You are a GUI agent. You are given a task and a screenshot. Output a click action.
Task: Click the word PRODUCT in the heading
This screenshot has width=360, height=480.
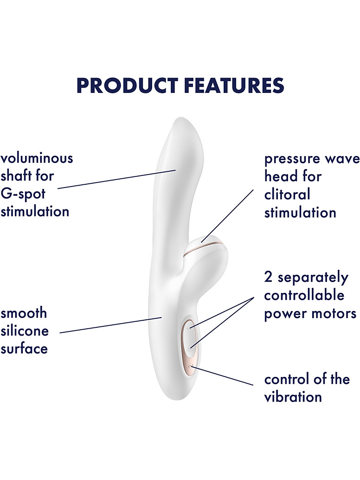click(x=127, y=85)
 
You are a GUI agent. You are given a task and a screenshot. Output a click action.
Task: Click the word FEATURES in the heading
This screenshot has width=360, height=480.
click(x=234, y=85)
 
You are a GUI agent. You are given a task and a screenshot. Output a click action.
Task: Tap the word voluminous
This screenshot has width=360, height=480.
click(x=37, y=158)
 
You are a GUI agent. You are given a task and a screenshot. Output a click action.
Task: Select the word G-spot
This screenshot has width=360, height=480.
click(x=23, y=194)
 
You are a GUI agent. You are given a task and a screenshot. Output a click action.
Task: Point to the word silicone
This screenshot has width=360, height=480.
click(x=25, y=331)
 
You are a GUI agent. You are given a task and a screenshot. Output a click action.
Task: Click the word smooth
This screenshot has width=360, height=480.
click(x=24, y=313)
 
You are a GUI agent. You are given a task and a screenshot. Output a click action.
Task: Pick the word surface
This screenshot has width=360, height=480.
click(x=24, y=348)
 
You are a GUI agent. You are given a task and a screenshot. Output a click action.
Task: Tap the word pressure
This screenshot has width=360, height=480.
click(x=291, y=159)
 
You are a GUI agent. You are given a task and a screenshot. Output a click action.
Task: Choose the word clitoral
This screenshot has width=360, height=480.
click(x=287, y=195)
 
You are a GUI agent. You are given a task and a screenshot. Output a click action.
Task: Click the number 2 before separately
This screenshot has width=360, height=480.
click(x=268, y=277)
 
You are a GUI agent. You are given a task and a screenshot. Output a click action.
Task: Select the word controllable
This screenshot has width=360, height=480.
click(x=304, y=295)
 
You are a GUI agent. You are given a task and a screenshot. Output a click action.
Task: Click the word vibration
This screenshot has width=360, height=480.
click(x=293, y=397)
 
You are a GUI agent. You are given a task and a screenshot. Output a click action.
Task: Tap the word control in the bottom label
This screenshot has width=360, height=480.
click(x=287, y=379)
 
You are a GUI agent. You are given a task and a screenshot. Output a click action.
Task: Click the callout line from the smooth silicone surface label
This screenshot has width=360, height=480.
click(x=110, y=325)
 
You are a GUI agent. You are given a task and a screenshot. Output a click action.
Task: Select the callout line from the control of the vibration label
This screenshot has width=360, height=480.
click(x=222, y=375)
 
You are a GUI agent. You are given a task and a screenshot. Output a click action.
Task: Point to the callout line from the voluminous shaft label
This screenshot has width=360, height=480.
click(x=117, y=179)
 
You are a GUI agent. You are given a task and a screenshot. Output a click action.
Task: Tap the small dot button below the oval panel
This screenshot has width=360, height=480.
click(x=190, y=366)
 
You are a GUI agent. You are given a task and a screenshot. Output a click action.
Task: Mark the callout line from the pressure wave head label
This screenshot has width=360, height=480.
click(x=227, y=216)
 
